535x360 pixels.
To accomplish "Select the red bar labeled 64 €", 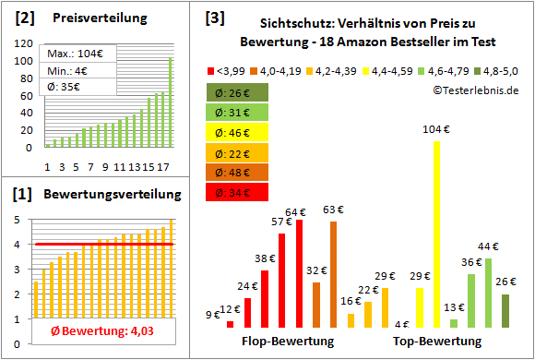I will [x=300, y=274].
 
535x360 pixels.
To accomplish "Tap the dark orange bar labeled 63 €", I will [x=333, y=275].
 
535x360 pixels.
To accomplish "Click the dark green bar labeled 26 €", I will [x=505, y=311].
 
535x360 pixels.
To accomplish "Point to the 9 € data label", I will [x=213, y=315].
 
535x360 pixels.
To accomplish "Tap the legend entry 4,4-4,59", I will [x=389, y=69].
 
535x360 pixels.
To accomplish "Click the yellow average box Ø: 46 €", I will [x=237, y=132].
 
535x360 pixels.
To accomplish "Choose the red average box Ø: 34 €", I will [x=237, y=193].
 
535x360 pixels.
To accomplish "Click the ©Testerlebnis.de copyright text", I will [x=474, y=90].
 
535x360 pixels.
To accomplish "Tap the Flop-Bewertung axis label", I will [x=287, y=342].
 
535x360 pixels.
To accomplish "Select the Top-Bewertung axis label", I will [x=437, y=342].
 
